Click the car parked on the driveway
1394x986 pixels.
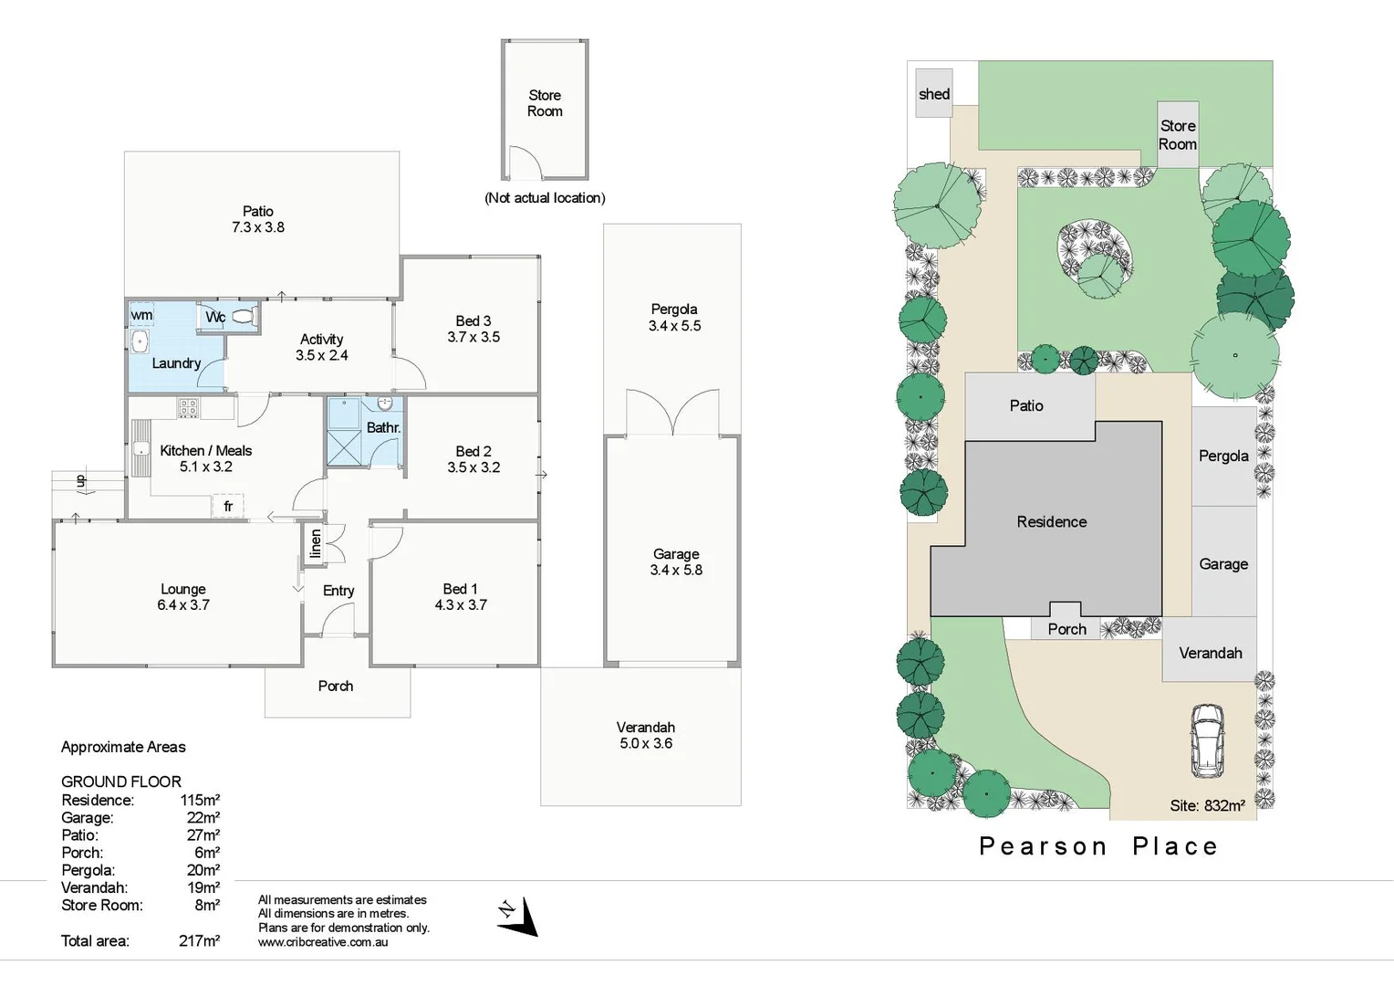click(1206, 740)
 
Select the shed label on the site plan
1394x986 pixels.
click(933, 94)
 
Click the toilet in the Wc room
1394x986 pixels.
click(242, 317)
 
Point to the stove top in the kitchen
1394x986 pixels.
click(188, 408)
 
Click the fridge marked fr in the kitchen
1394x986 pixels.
click(228, 506)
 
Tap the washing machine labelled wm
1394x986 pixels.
click(141, 315)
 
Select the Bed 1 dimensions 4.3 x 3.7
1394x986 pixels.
click(461, 604)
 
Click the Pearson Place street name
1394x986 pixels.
click(1098, 846)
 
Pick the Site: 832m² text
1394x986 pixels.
click(1207, 805)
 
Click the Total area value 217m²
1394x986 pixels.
click(199, 940)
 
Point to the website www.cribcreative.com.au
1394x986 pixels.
click(323, 942)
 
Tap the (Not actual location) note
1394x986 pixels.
click(545, 198)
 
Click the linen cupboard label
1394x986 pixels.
click(316, 543)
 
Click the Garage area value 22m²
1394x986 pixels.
click(203, 818)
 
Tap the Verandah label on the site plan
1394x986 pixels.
click(1210, 653)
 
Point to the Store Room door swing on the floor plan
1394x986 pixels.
click(525, 163)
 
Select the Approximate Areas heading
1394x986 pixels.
click(123, 747)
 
